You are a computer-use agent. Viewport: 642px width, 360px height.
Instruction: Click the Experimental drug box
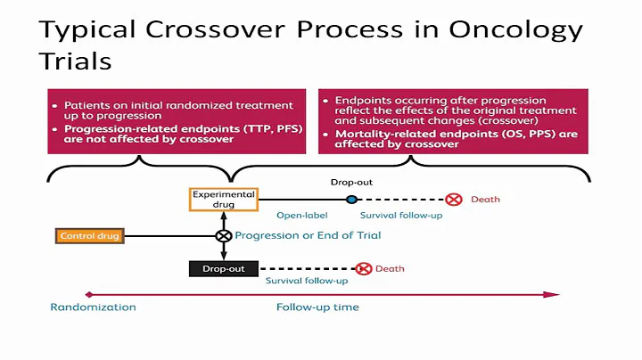tap(223, 200)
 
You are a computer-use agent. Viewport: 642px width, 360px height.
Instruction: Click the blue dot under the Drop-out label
tap(352, 200)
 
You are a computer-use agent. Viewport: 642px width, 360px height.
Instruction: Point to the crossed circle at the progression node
tap(223, 236)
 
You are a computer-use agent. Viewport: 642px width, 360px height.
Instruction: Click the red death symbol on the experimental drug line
tap(454, 200)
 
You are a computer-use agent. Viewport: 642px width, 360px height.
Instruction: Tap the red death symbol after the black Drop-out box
tap(363, 268)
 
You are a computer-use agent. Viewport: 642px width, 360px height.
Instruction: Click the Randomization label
tap(93, 307)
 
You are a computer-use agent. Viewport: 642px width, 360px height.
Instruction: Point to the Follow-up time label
tap(317, 307)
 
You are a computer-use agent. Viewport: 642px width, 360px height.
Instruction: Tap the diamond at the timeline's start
tap(87, 293)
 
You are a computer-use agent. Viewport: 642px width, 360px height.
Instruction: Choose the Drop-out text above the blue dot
tap(352, 183)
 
